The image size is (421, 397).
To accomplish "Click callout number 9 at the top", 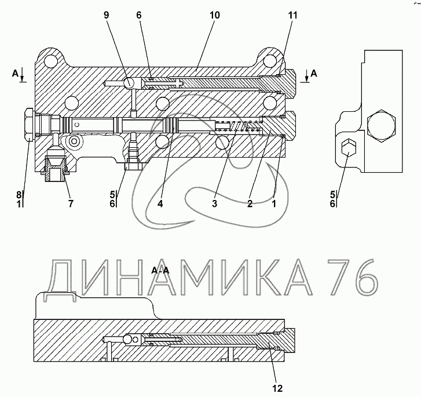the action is click(107, 15).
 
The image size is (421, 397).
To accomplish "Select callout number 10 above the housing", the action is click(214, 15).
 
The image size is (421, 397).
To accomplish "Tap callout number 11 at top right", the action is click(293, 15).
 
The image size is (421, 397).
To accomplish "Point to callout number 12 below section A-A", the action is click(277, 388).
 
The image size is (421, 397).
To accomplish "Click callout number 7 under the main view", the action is click(70, 203).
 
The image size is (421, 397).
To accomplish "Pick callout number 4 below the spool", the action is click(160, 203).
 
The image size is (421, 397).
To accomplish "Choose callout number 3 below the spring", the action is click(214, 203).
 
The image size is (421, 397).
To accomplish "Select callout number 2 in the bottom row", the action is click(250, 203).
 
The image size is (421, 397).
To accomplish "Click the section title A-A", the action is click(160, 270).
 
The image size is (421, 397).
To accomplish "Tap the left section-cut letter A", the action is click(15, 73).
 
